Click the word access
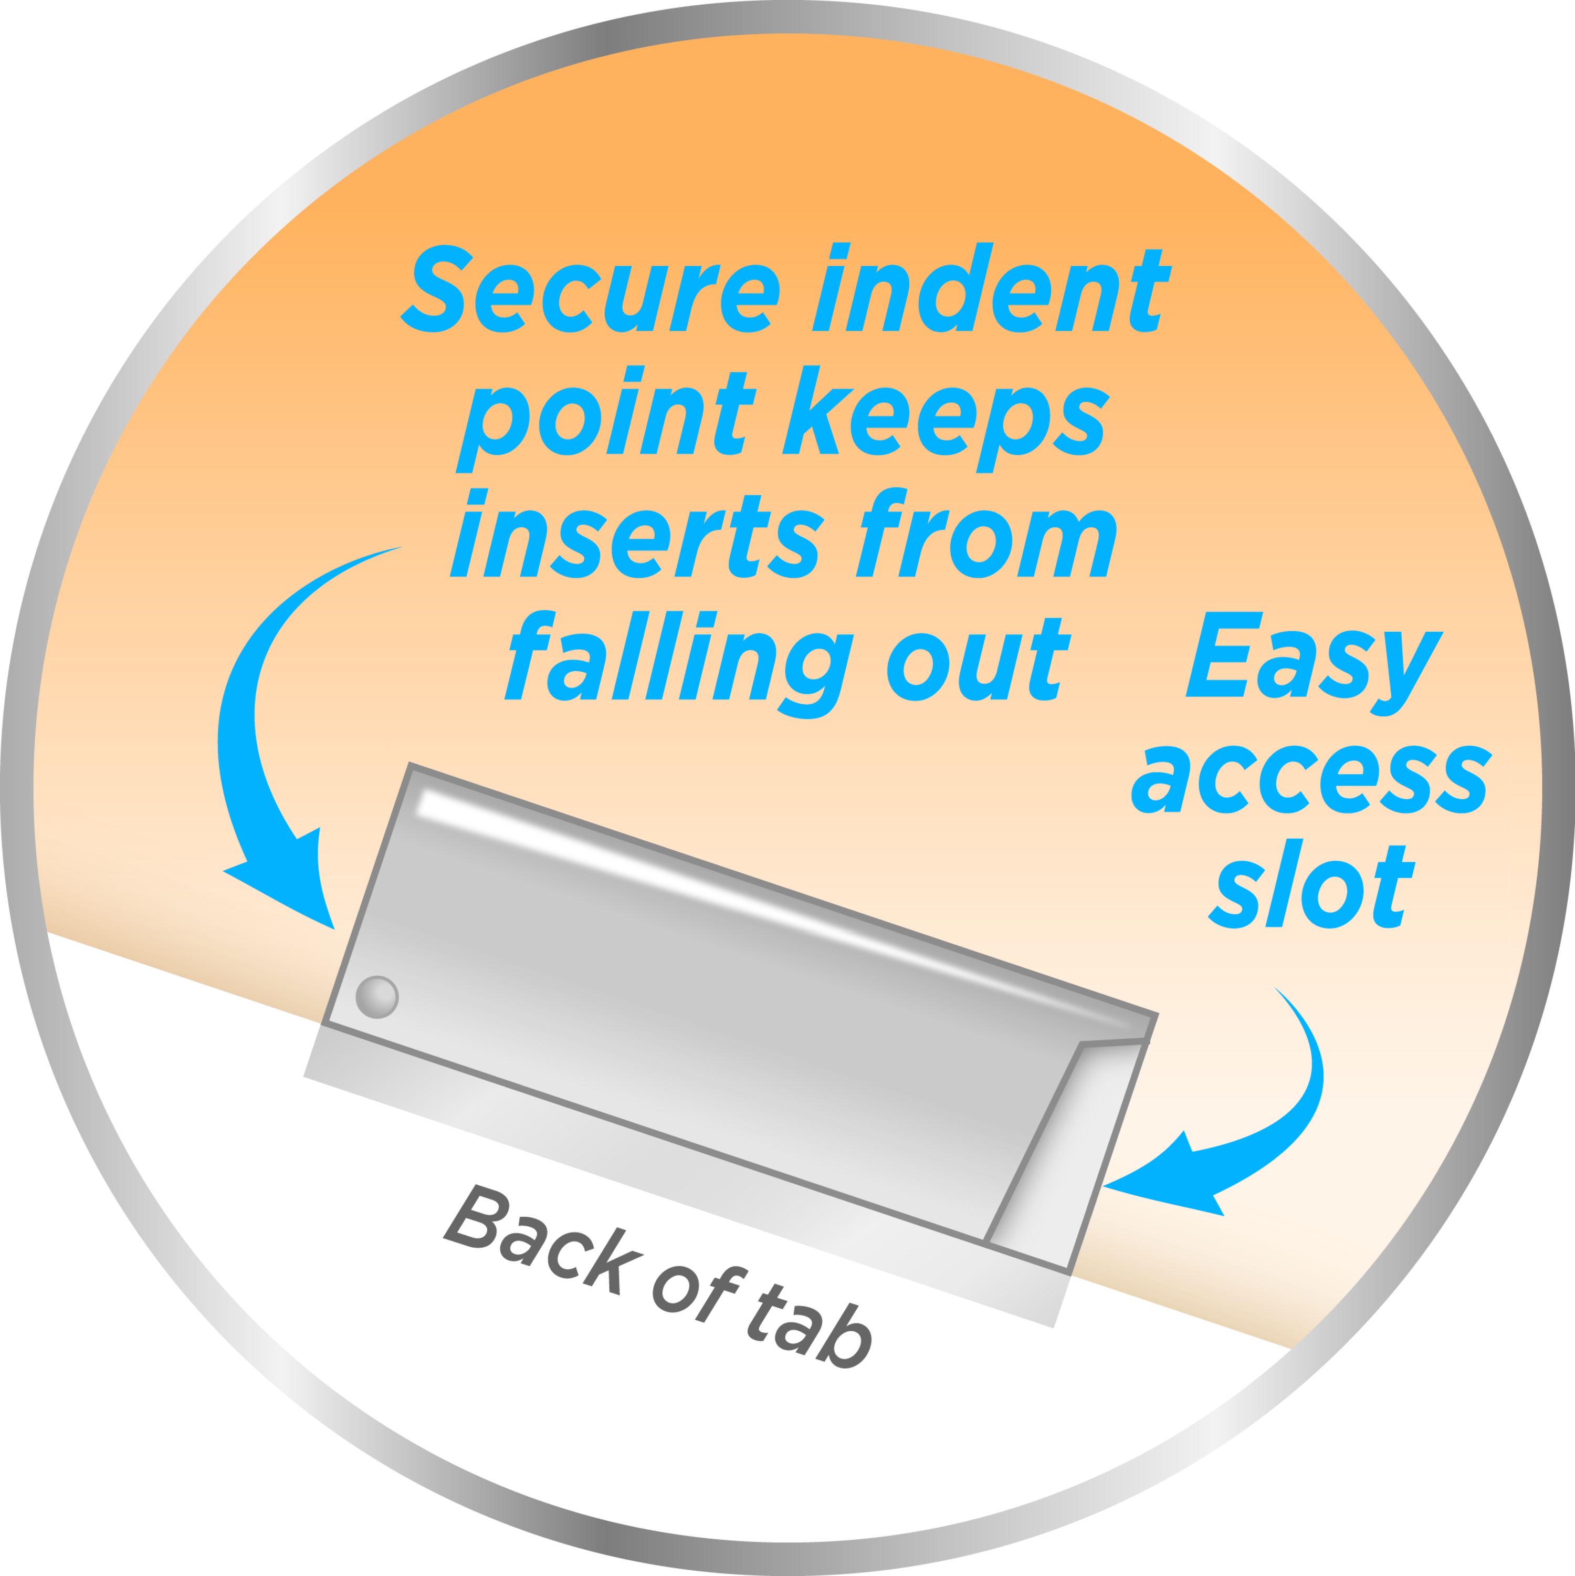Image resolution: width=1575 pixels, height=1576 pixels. pyautogui.click(x=1310, y=781)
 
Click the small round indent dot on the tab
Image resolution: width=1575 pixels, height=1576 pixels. pyautogui.click(x=377, y=997)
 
